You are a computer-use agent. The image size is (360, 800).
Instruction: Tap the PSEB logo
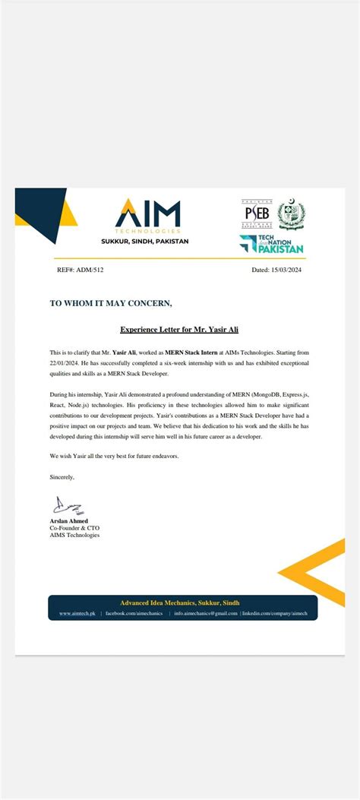[x=256, y=213]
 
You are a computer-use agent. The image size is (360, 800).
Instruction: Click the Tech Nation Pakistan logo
[x=271, y=243]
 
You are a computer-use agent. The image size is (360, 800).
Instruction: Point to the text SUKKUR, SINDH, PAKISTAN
[x=145, y=241]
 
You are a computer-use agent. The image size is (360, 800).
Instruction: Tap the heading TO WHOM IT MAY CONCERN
[x=111, y=303]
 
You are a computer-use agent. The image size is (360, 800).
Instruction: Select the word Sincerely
[x=62, y=476]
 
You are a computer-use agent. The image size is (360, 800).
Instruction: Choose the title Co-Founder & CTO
[x=74, y=527]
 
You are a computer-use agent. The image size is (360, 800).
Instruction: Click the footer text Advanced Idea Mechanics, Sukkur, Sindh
[x=180, y=602]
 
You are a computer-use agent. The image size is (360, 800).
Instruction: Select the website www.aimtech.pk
[x=77, y=612]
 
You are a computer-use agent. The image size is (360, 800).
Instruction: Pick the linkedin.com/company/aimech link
[x=275, y=612]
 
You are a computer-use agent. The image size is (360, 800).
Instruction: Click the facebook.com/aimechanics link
[x=134, y=612]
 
